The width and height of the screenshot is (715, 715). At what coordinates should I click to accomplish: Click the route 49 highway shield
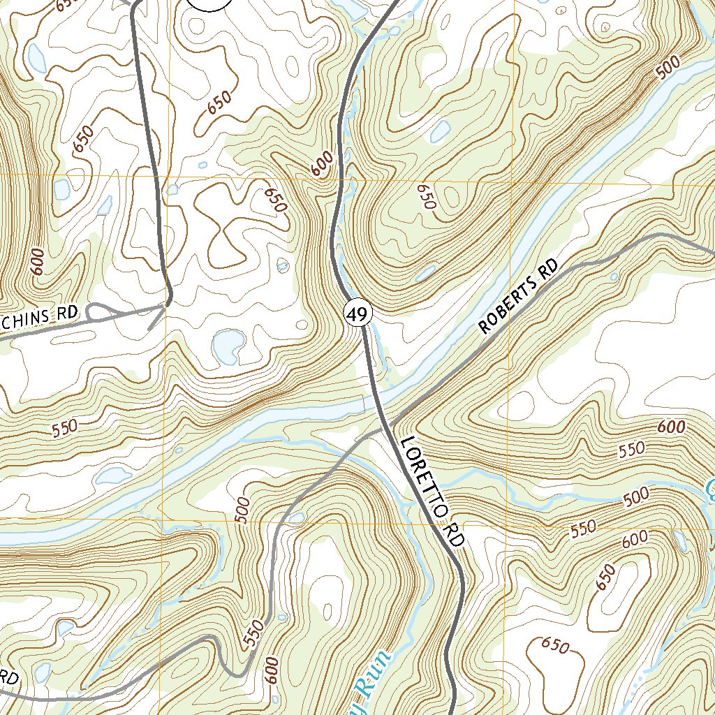tap(357, 315)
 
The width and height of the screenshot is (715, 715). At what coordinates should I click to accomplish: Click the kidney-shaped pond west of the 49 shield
tap(228, 344)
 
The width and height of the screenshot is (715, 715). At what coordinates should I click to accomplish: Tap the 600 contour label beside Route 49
tap(322, 165)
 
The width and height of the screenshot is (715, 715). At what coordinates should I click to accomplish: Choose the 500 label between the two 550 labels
tap(636, 497)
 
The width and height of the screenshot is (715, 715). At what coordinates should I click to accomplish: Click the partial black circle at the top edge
tap(209, 3)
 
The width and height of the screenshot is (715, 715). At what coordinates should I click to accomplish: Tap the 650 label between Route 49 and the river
tap(426, 197)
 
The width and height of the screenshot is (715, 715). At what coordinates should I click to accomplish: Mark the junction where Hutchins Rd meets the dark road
tap(166, 304)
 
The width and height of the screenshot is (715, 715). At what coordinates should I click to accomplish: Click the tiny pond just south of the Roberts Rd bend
tap(614, 277)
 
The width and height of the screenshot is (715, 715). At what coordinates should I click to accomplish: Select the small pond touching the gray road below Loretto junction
tap(296, 517)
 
